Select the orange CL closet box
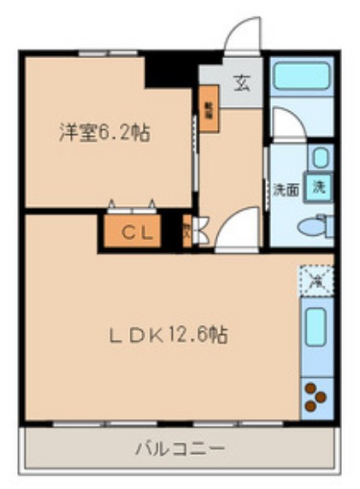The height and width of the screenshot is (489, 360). pos(131,232)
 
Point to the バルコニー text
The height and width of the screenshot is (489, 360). pos(180,447)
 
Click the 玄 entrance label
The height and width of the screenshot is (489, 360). pos(242,84)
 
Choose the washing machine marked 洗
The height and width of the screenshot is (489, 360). pos(318,185)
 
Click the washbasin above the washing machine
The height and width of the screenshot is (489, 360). pos(319,157)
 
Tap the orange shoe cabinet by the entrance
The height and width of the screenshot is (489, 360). pos(209,113)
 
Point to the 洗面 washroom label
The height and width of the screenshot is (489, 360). pos(286,189)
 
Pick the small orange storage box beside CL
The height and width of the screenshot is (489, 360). pos(187,232)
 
